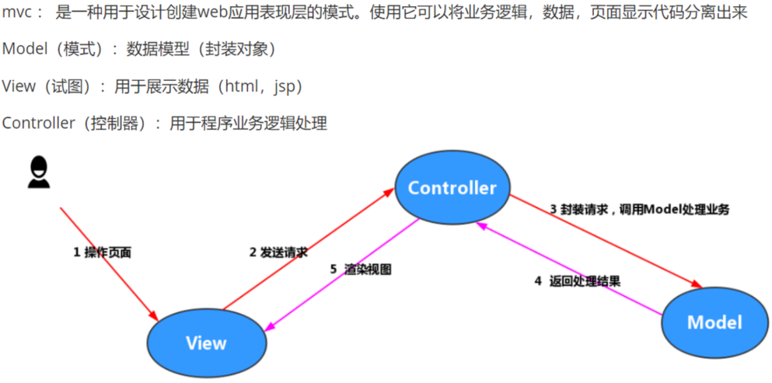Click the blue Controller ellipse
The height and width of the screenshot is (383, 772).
(452, 187)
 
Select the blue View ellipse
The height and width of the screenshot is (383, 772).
(206, 343)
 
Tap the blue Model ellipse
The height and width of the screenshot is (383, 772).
(714, 322)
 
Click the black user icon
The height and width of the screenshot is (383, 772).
(38, 172)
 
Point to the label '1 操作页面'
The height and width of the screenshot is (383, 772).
(102, 252)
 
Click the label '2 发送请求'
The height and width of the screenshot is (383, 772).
(278, 252)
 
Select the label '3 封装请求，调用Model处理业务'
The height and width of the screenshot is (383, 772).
(639, 210)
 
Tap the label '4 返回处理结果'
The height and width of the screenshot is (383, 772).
(577, 281)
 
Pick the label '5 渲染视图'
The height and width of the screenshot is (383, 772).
(360, 270)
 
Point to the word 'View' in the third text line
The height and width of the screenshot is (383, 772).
(18, 86)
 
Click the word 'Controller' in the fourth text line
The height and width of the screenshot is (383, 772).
(38, 123)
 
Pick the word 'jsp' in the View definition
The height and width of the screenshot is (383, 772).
(285, 86)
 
